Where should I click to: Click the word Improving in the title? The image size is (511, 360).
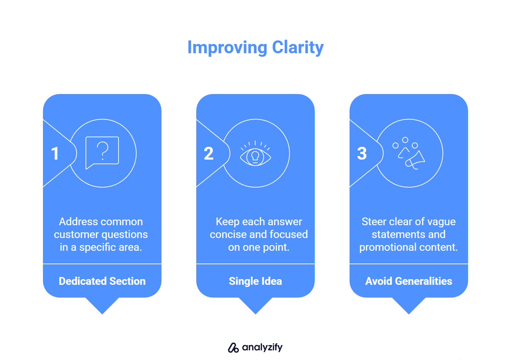point(227,48)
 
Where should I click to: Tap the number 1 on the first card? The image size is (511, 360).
point(55,154)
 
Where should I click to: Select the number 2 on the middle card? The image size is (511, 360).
point(209,154)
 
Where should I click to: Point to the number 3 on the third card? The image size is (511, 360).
point(362,154)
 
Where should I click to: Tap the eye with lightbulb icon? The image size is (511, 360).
point(255,155)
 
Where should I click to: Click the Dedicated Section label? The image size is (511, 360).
point(102,281)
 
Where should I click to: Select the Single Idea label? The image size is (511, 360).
point(255,281)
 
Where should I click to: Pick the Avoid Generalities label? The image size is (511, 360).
point(408,281)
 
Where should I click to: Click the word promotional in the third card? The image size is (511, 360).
point(387,247)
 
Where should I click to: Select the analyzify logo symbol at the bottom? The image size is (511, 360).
point(233,348)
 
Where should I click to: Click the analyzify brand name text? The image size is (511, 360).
point(262,347)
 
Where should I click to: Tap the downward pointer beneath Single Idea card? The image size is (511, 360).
point(255,305)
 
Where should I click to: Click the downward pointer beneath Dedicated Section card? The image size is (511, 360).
point(102,305)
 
